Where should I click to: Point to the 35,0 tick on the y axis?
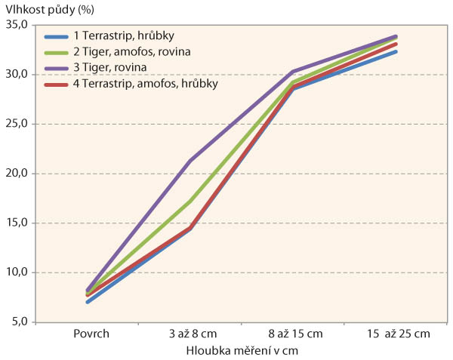click(16, 25)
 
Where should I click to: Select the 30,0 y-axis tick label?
click(16, 75)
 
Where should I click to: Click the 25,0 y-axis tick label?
click(16, 124)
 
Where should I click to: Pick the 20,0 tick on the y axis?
click(16, 174)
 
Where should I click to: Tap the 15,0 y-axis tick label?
click(16, 223)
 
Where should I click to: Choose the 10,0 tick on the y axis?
click(16, 272)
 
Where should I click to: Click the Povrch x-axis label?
click(89, 333)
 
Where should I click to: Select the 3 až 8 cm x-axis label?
click(190, 333)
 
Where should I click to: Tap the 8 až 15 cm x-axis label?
click(292, 333)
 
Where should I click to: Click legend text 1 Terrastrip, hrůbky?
click(117, 37)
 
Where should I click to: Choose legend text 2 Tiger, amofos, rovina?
click(125, 52)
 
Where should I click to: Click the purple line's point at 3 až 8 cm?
click(190, 161)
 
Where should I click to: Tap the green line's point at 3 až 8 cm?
click(190, 200)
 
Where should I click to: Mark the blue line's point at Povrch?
click(89, 302)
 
